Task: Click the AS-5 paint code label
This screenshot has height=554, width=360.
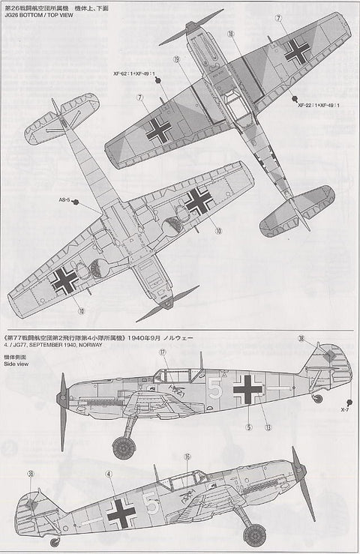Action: [x=64, y=201]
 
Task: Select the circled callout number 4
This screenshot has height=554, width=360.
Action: [x=109, y=474]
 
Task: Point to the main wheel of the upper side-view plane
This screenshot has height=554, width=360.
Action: [x=121, y=448]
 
